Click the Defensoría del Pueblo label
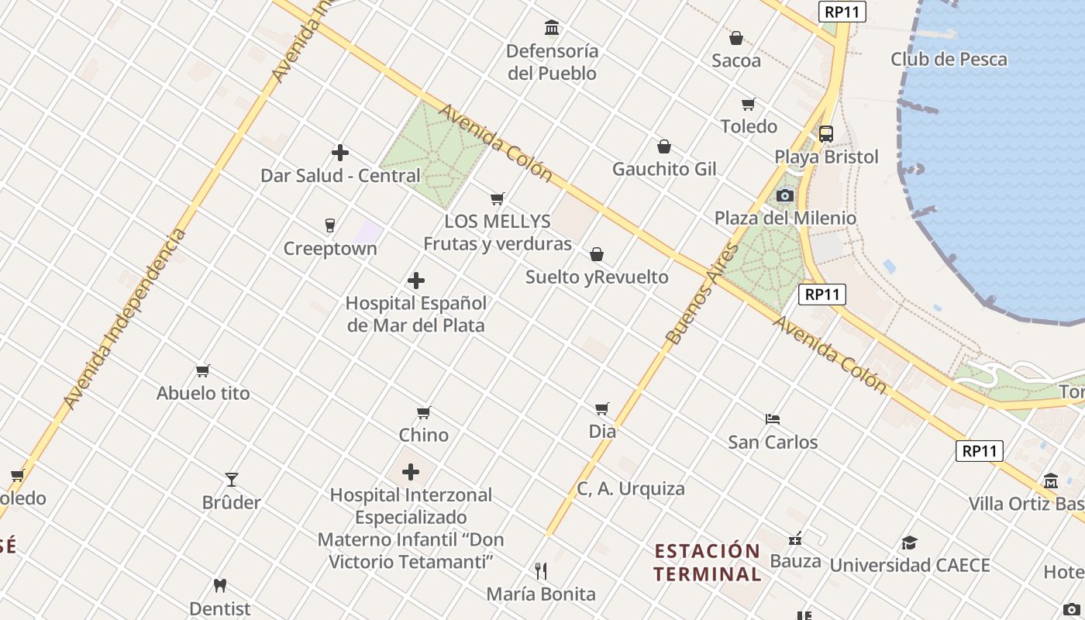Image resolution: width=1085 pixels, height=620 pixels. coord(552,62)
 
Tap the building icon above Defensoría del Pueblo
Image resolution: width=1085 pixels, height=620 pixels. coord(552,29)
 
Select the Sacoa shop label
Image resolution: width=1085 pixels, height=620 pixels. coord(735,60)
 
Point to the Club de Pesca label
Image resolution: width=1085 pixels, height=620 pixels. coord(949,59)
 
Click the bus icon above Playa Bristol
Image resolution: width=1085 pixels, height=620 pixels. coord(826,133)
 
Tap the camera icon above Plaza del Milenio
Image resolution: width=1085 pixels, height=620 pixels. coord(785,195)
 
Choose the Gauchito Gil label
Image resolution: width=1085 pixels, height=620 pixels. coord(664,169)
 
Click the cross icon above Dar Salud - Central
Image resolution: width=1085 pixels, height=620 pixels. coord(339,153)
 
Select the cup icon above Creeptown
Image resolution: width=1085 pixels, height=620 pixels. coord(330,226)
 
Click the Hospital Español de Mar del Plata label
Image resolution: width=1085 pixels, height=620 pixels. coord(416,314)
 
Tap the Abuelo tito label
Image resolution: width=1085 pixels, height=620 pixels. coord(203,393)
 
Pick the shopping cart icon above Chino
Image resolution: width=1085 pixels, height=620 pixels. coord(423,412)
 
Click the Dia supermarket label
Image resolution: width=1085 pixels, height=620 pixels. coord(602,431)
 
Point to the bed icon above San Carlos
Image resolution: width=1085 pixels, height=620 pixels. coord(772,419)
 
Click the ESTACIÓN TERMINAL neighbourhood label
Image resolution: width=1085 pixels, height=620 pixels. coord(708,563)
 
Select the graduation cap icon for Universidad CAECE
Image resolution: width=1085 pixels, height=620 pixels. coord(909,542)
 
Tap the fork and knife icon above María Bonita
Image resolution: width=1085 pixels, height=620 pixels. coord(541,571)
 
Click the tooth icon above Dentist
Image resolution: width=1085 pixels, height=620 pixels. coord(220,586)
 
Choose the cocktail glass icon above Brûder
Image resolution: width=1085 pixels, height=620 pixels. coord(231,480)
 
